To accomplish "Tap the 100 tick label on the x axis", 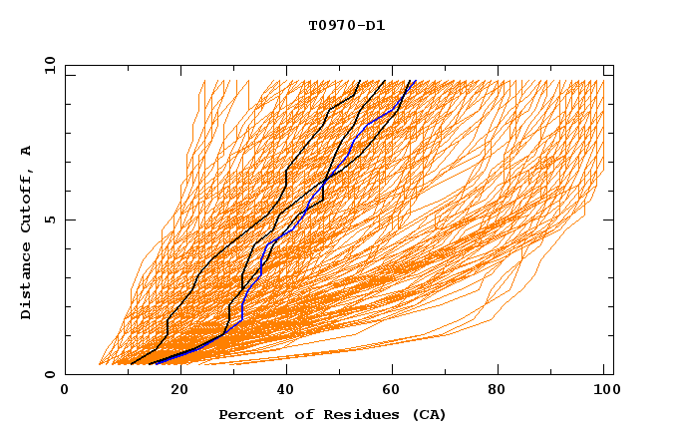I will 603,391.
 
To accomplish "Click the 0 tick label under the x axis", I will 65,391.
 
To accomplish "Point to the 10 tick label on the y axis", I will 49,64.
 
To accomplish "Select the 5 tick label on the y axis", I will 49,219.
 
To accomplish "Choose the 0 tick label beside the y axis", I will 49,374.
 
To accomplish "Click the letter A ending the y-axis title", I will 26,150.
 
